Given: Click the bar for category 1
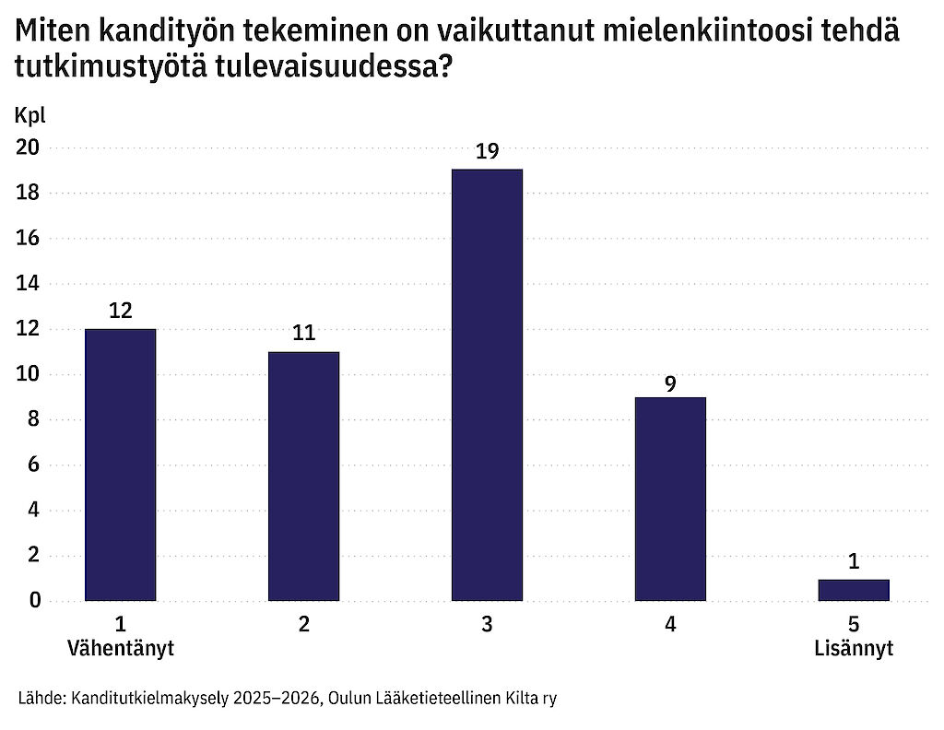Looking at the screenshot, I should coord(120,465).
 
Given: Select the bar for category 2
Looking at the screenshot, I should coord(303,476).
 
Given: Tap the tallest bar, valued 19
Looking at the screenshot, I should coord(487,384).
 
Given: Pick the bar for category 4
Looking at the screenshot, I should coord(670,499).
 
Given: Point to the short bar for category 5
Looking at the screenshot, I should coord(854,590).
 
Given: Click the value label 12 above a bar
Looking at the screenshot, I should coord(120,311).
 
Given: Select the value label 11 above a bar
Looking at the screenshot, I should coord(303,333).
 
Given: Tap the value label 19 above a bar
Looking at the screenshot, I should coord(487,151).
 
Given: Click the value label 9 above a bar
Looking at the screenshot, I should coord(670,379).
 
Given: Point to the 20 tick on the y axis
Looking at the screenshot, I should coord(29,147).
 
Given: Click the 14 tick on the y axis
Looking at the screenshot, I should coord(29,284).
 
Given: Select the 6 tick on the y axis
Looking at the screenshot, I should coord(33,465).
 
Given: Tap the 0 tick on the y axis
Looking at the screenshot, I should coord(33,601).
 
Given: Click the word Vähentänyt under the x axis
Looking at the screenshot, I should coord(121,648).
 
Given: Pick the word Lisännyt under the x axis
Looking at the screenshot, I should coord(854,648).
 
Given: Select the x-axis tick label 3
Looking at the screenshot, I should coord(487,624).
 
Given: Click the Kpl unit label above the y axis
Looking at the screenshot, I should coord(29,115).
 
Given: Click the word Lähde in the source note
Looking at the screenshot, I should coord(40,699).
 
